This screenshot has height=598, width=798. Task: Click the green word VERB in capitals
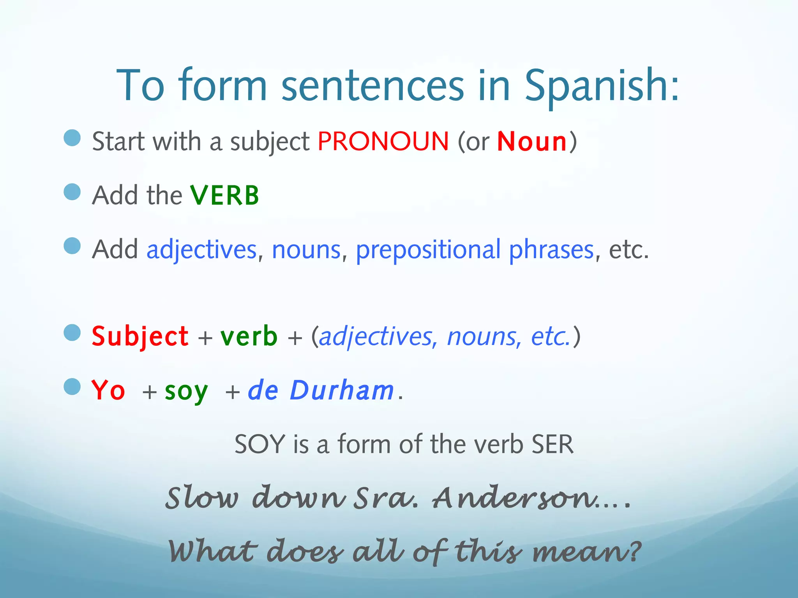[224, 195]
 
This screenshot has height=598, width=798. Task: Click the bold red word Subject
[140, 336]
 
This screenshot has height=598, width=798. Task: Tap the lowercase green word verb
[249, 336]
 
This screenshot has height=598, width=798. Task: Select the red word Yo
[108, 390]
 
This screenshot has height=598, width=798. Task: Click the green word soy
[186, 391]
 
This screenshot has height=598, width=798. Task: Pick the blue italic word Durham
[342, 390]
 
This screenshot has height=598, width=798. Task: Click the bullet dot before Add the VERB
[72, 192]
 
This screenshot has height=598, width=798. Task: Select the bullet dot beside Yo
[72, 387]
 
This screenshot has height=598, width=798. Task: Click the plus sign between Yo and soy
[150, 392]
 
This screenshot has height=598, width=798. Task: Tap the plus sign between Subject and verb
[205, 338]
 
